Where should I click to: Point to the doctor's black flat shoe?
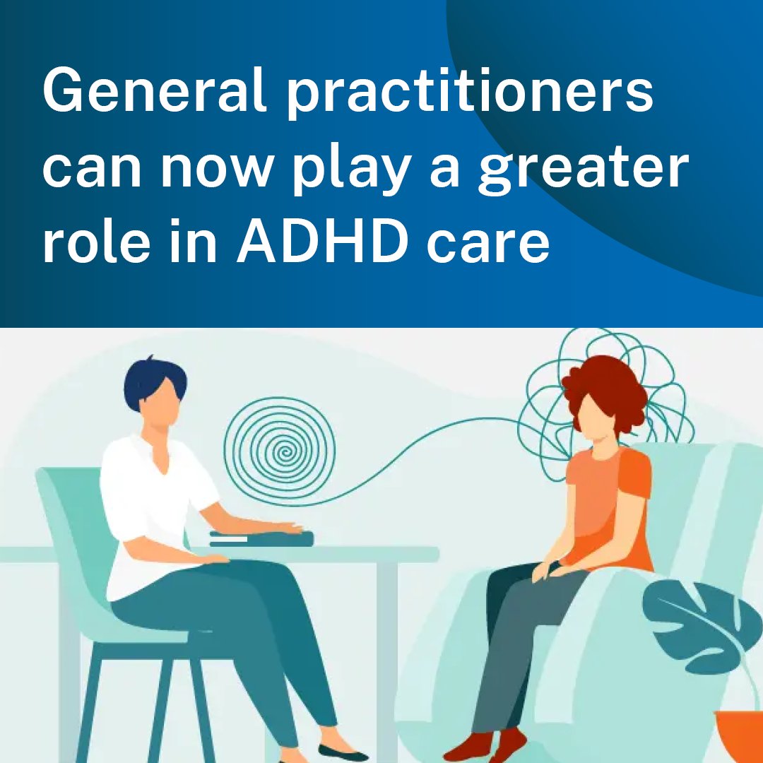tap(343, 752)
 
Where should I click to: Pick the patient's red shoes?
tap(487, 745)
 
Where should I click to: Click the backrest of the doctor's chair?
tap(71, 537)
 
